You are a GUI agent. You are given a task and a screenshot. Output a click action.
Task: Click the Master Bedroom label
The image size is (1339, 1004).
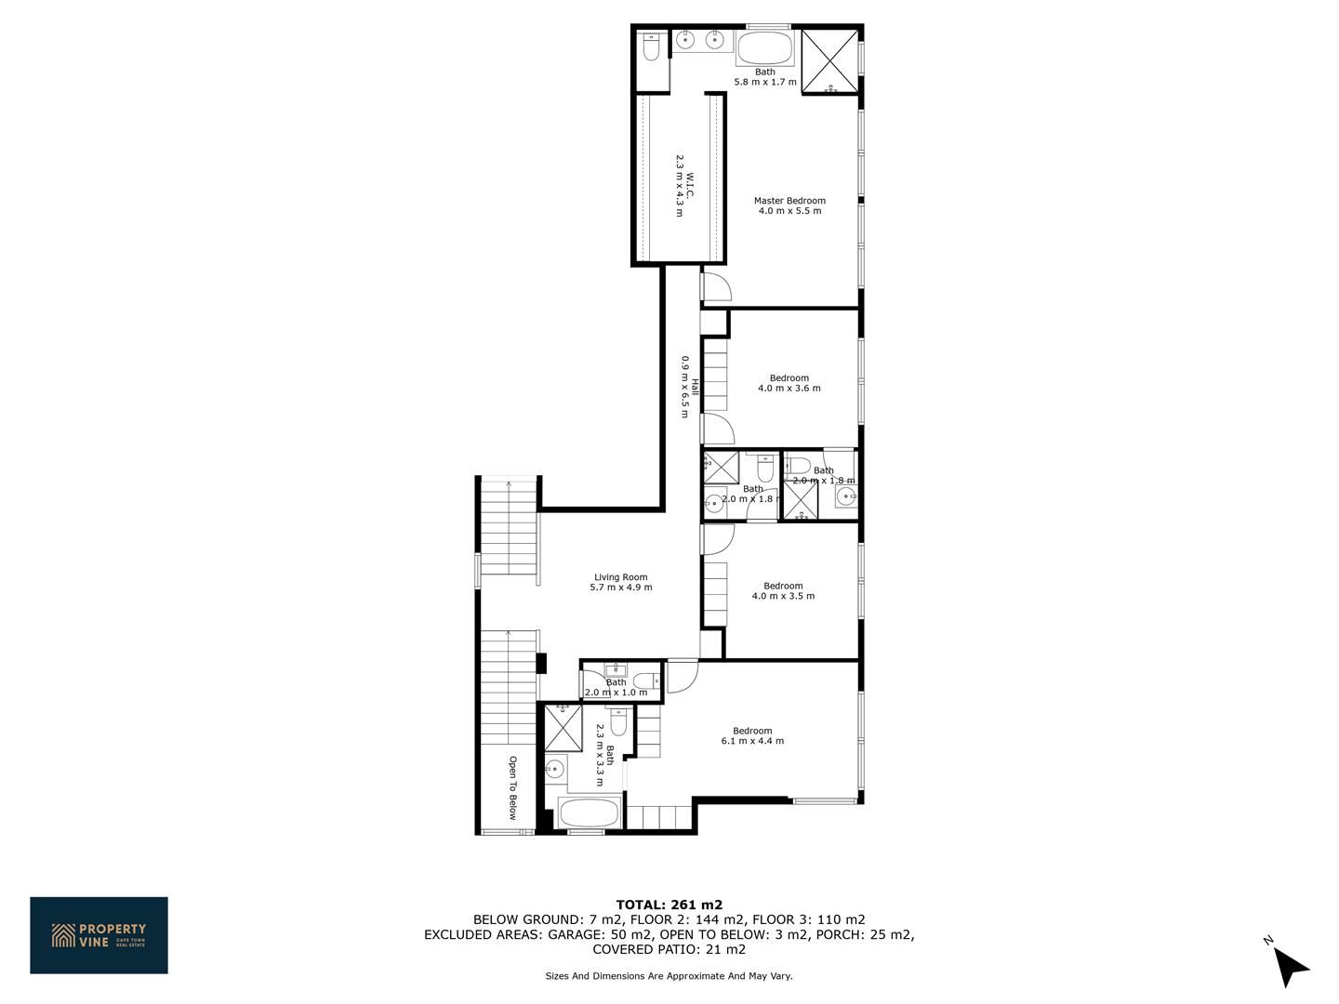789,201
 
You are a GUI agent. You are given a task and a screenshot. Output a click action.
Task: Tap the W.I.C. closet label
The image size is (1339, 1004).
690,185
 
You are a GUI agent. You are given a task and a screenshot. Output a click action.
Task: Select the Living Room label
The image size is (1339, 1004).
621,576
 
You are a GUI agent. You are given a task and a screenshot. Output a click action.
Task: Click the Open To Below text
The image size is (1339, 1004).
513,787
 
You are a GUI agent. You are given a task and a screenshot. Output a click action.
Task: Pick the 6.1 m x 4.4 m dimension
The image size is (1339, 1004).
753,741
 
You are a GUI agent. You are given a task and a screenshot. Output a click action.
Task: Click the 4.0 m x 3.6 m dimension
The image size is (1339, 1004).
789,388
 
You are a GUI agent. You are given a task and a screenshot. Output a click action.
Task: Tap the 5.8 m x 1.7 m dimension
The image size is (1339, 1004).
765,82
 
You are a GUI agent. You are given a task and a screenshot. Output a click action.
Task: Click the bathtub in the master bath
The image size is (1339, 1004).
765,47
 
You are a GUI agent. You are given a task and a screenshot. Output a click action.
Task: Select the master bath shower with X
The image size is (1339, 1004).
829,61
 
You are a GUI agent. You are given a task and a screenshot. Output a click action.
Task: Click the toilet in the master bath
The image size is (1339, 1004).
651,46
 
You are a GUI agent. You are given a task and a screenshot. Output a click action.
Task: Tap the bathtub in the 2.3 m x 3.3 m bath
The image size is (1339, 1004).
590,812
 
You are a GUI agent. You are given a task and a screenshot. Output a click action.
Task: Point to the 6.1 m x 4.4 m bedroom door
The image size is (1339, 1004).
683,676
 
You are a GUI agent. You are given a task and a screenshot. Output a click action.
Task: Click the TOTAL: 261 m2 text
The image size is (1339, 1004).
669,905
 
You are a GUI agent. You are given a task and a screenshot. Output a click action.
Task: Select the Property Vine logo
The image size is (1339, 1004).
99,935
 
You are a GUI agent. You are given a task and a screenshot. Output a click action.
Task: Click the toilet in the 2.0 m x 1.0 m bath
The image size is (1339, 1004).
647,680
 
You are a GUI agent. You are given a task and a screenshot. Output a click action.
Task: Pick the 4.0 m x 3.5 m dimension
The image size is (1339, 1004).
783,596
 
